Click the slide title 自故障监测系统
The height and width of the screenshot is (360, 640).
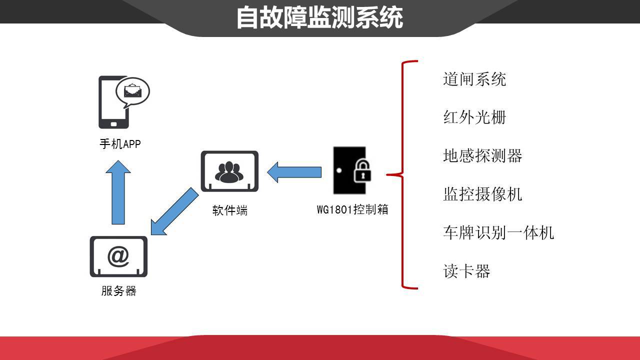319,17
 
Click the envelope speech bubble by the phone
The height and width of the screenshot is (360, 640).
133,91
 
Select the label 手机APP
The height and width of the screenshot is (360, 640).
120,144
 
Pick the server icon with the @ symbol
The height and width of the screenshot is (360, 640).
118,256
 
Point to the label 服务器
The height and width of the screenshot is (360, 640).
118,291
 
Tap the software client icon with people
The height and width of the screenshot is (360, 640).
229,171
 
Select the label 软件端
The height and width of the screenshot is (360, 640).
229,210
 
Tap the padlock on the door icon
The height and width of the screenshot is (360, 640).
363,171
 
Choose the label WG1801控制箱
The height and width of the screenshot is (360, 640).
352,209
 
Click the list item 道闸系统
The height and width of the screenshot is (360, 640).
474,79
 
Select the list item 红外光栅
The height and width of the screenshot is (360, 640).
474,117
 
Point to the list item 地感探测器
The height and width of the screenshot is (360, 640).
482,156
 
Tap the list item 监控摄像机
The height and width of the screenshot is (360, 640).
482,194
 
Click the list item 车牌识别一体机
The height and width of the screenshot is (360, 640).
498,232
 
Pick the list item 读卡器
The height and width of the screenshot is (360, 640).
466,271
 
